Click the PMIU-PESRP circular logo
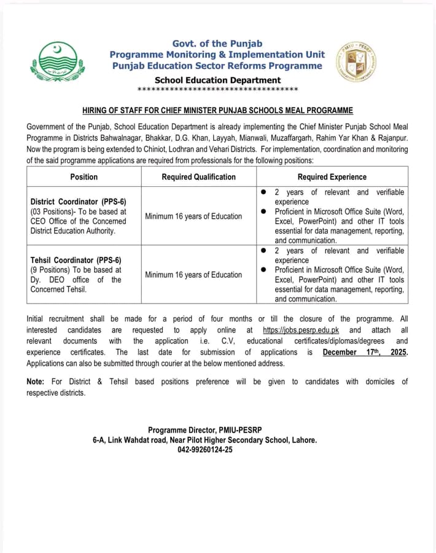356,63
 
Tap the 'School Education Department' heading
217,80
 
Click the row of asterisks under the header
217,90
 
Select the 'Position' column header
84,176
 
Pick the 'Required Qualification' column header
198,176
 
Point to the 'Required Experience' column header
332,176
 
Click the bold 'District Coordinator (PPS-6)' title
78,202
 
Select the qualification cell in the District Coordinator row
193,216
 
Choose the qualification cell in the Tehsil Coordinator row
193,275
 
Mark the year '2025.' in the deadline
399,352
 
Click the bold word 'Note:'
36,382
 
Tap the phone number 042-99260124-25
205,450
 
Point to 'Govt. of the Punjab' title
217,43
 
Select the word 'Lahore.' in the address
302,440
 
